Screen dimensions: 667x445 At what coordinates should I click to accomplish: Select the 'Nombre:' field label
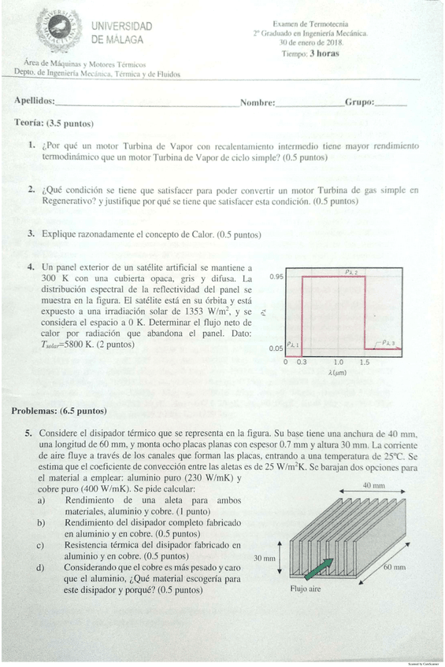pyautogui.click(x=258, y=103)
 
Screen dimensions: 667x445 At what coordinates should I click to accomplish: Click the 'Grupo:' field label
pyautogui.click(x=359, y=102)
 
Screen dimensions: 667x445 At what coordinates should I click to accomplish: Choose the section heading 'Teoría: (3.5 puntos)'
pyautogui.click(x=54, y=123)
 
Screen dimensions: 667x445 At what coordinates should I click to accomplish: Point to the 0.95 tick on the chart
pyautogui.click(x=276, y=277)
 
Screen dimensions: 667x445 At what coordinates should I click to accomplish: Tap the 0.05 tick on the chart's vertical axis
pyautogui.click(x=276, y=348)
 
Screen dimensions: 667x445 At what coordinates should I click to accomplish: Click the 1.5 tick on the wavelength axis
pyautogui.click(x=364, y=363)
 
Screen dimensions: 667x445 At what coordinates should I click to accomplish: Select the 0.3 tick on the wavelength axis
pyautogui.click(x=302, y=363)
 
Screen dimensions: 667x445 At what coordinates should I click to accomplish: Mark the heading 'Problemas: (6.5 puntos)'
pyautogui.click(x=59, y=411)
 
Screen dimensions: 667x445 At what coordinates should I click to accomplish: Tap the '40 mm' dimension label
pyautogui.click(x=373, y=486)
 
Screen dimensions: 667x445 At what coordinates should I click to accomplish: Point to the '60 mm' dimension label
pyautogui.click(x=395, y=566)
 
